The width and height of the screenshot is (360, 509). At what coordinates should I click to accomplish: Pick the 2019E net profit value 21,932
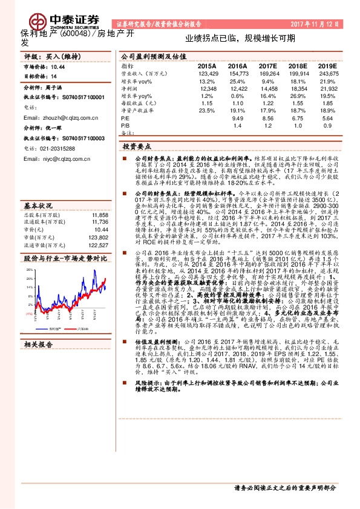point(327,89)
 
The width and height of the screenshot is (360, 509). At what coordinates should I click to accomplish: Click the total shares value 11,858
point(100,215)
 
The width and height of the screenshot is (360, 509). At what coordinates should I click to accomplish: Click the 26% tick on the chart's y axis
point(28,270)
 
